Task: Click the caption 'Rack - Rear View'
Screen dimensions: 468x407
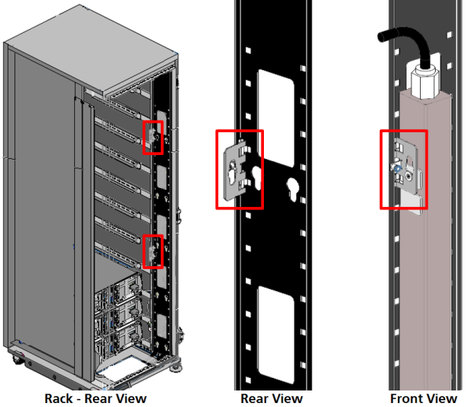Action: pyautogui.click(x=95, y=398)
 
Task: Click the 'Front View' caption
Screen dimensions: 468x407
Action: pyautogui.click(x=424, y=398)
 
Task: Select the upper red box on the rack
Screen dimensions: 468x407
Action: pyautogui.click(x=153, y=138)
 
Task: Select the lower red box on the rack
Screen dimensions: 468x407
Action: pyautogui.click(x=153, y=251)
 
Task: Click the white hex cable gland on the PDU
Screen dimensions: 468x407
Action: pyautogui.click(x=424, y=82)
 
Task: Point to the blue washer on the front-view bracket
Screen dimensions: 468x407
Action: pyautogui.click(x=397, y=169)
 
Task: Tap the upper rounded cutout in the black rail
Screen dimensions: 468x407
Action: pyautogui.click(x=276, y=119)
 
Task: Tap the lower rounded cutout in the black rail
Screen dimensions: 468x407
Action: pyautogui.click(x=276, y=335)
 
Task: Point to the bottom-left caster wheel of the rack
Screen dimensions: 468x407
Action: pyautogui.click(x=18, y=359)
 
